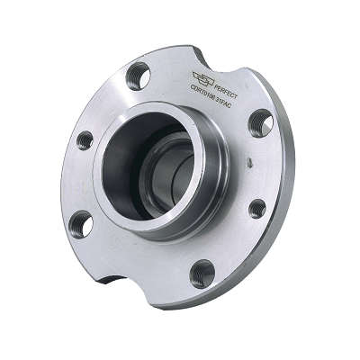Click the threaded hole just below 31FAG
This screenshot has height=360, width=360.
[x=260, y=122]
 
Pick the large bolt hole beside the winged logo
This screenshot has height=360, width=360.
[x=138, y=76]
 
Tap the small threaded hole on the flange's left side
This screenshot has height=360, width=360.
[x=85, y=140]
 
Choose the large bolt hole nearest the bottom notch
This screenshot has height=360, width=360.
[x=80, y=223]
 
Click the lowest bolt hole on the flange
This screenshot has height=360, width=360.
[x=202, y=273]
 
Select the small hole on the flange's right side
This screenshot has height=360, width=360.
[x=257, y=208]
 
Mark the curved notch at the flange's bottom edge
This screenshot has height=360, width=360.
[x=117, y=274]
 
